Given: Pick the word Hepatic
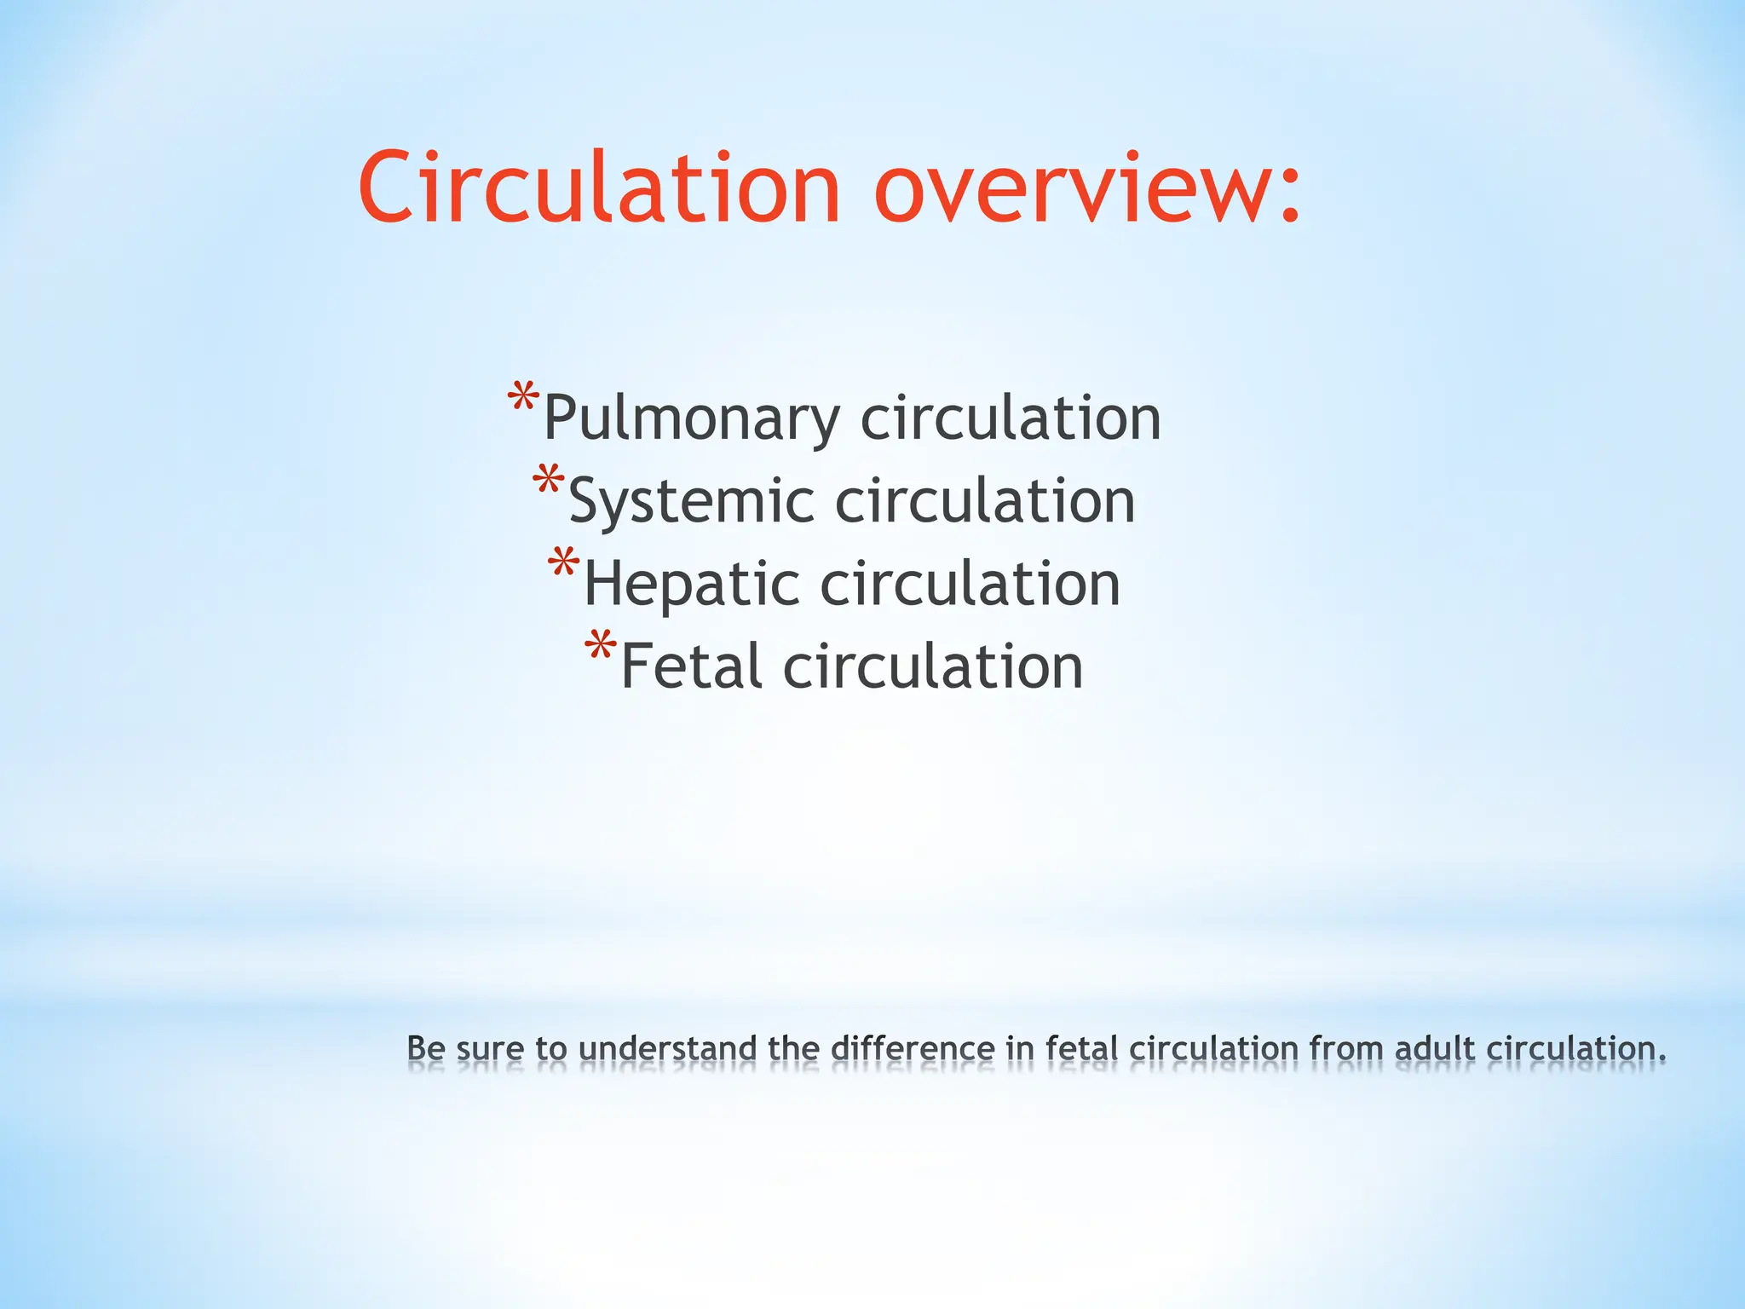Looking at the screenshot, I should pos(691,585).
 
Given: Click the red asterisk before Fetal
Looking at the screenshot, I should pos(600,647).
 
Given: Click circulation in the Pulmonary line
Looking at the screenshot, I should pos(1011,418).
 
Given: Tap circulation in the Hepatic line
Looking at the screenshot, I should pos(970,585).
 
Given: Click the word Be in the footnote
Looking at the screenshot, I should pos(426,1048).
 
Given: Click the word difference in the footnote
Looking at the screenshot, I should pos(913,1048).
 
